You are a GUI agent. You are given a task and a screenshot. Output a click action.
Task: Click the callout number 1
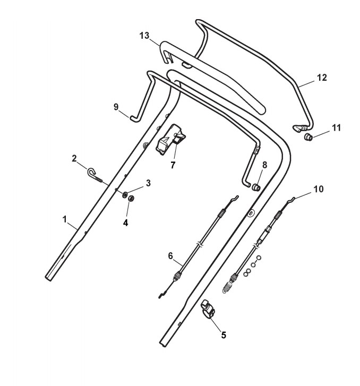[x=64, y=219]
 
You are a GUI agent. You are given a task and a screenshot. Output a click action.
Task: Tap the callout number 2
[x=75, y=158]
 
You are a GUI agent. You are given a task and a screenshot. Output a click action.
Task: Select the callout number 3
[x=149, y=183]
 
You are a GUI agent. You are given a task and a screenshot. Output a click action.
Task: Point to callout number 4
[x=126, y=223]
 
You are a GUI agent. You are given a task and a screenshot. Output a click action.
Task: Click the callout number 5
[x=224, y=334]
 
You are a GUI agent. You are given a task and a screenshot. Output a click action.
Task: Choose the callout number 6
[x=170, y=255]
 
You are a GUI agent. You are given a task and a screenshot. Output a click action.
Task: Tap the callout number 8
[x=264, y=165]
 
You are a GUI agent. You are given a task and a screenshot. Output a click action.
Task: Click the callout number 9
[x=116, y=107]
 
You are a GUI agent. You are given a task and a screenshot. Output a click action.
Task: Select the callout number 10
[x=318, y=188]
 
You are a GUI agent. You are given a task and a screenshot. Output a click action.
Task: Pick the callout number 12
[x=322, y=78]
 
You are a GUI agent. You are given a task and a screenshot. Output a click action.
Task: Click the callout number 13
[x=145, y=35]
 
